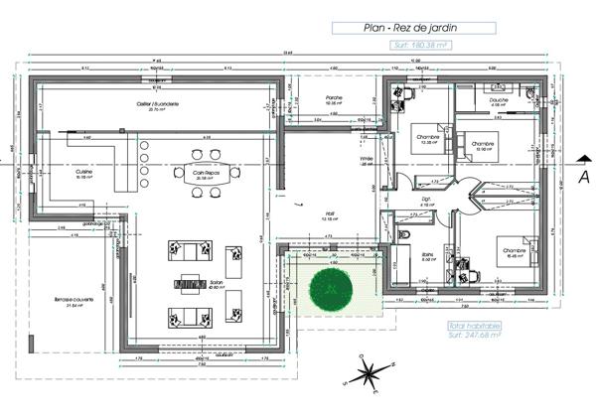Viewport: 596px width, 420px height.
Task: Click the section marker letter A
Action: (583, 175)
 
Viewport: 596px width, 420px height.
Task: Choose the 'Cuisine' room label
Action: (83, 171)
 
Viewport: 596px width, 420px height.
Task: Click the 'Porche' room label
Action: (335, 97)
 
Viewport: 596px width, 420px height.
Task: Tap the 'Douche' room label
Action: (499, 100)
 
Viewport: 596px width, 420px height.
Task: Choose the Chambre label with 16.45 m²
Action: (514, 250)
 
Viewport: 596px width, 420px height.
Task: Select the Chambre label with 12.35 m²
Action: (427, 137)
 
